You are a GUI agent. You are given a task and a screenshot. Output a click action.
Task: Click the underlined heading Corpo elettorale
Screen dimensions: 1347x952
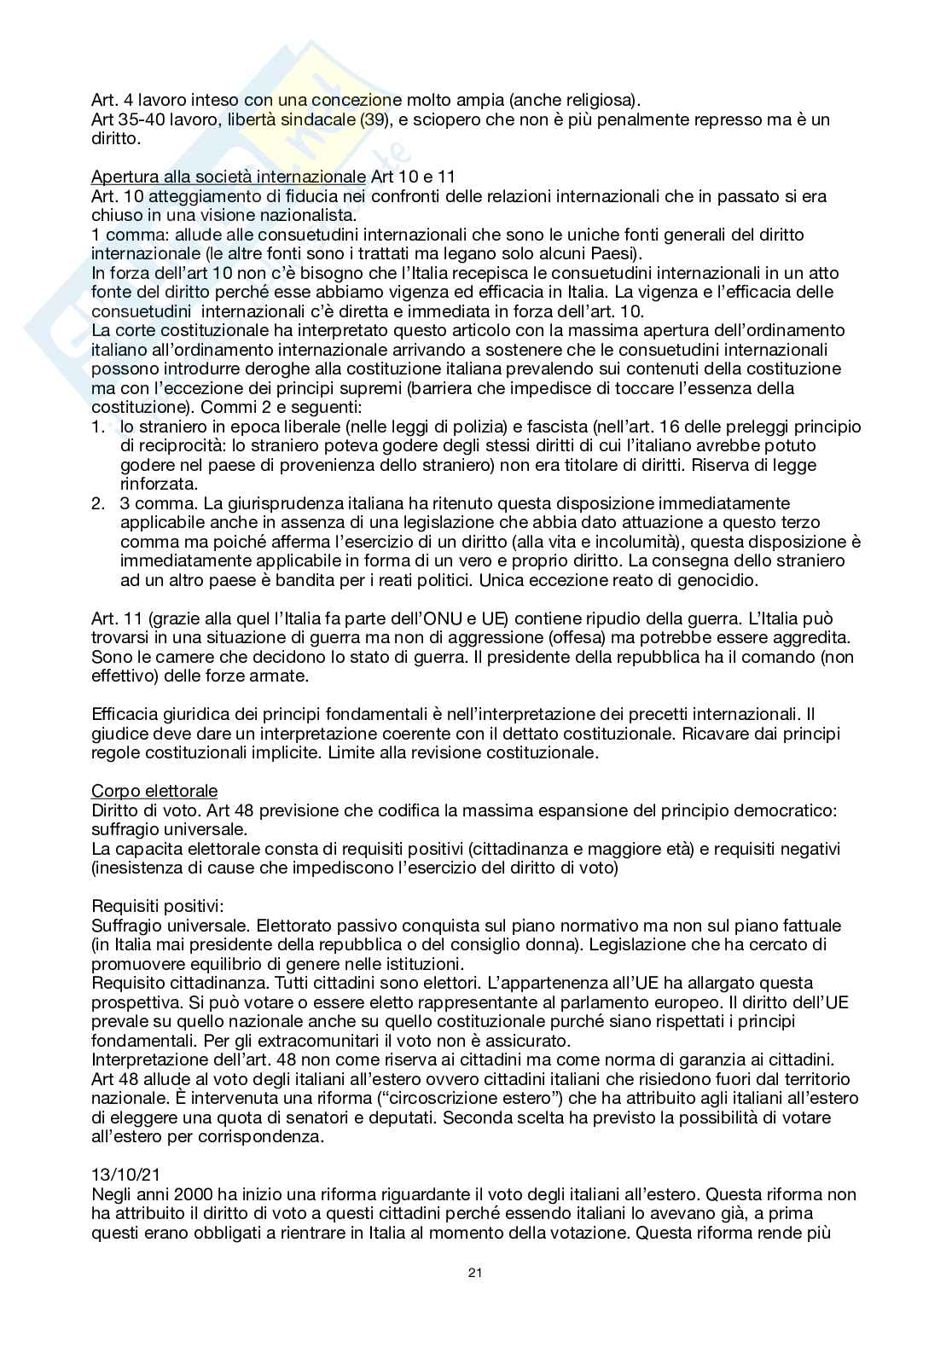coord(154,791)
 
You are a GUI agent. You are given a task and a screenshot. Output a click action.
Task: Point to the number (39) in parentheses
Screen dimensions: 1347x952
coord(373,119)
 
